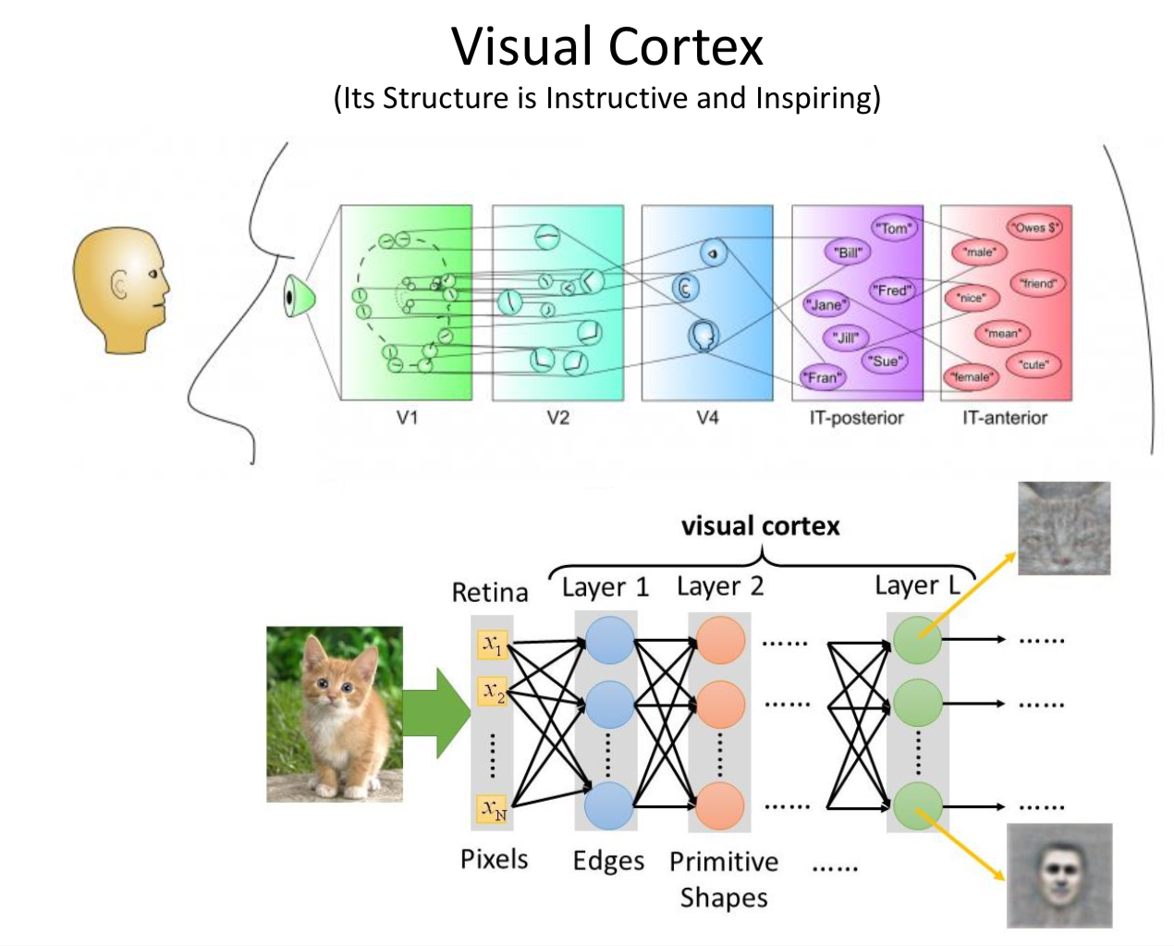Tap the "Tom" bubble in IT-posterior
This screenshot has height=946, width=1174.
pos(893,227)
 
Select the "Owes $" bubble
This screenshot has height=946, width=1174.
pos(1034,227)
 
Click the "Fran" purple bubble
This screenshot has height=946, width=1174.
pos(822,377)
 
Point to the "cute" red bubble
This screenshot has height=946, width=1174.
pos(1033,364)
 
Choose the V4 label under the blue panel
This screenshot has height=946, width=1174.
pos(707,418)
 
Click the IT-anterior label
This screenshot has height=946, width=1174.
pos(1005,418)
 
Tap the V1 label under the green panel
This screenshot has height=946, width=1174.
pos(407,418)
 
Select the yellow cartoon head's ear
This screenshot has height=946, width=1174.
pos(119,287)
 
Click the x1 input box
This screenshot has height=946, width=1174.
pos(493,644)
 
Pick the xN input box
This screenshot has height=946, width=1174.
pos(493,809)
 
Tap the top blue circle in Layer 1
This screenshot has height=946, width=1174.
pos(609,640)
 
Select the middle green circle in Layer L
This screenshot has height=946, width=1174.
pos(917,703)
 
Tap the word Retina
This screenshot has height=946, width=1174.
pos(489,592)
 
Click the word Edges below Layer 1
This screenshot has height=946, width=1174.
pos(607,861)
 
